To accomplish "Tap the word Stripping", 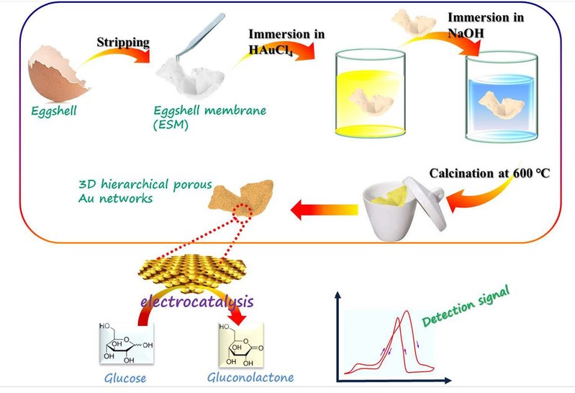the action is coord(123,43).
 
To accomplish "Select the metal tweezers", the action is coord(200,37).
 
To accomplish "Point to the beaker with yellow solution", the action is coord(371,94).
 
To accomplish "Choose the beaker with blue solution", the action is coord(502,97).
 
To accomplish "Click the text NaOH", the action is coord(466,33).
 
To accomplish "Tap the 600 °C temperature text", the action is coord(531,173).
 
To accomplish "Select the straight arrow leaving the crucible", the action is coord(324,210).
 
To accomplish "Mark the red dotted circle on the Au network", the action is coord(243,213).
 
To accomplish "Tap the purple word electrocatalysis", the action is coord(197,301).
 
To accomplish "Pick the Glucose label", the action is coord(125,378).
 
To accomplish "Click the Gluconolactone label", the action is coord(250,377).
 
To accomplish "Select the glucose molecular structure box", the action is coord(127,343).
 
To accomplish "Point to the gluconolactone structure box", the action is coord(241,345).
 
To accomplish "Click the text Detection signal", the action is coord(466,306).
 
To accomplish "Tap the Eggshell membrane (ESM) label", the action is coord(209,118).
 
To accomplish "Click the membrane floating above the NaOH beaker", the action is coord(414,22).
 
